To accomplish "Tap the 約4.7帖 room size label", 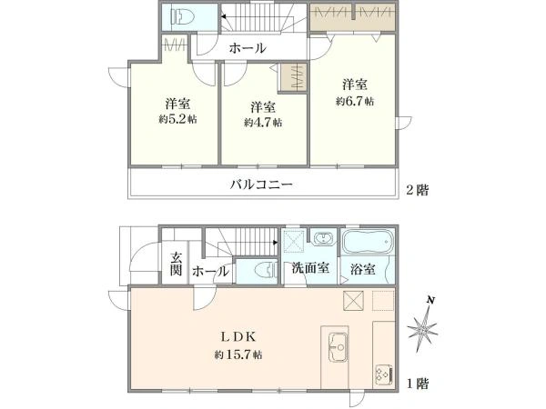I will [x=263, y=122].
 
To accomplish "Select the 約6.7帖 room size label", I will [x=354, y=102].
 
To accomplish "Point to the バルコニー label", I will [x=260, y=184].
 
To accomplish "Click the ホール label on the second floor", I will [x=247, y=48].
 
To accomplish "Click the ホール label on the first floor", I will [x=210, y=271].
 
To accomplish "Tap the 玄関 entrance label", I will [x=176, y=264].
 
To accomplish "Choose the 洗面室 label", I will [x=310, y=270].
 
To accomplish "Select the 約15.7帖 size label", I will [x=238, y=354].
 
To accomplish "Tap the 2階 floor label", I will [x=418, y=190].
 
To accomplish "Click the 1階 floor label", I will [x=417, y=384].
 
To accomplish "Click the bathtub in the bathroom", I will [x=366, y=244].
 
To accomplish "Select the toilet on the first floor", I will [x=264, y=270].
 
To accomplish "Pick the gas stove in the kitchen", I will [x=382, y=374].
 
